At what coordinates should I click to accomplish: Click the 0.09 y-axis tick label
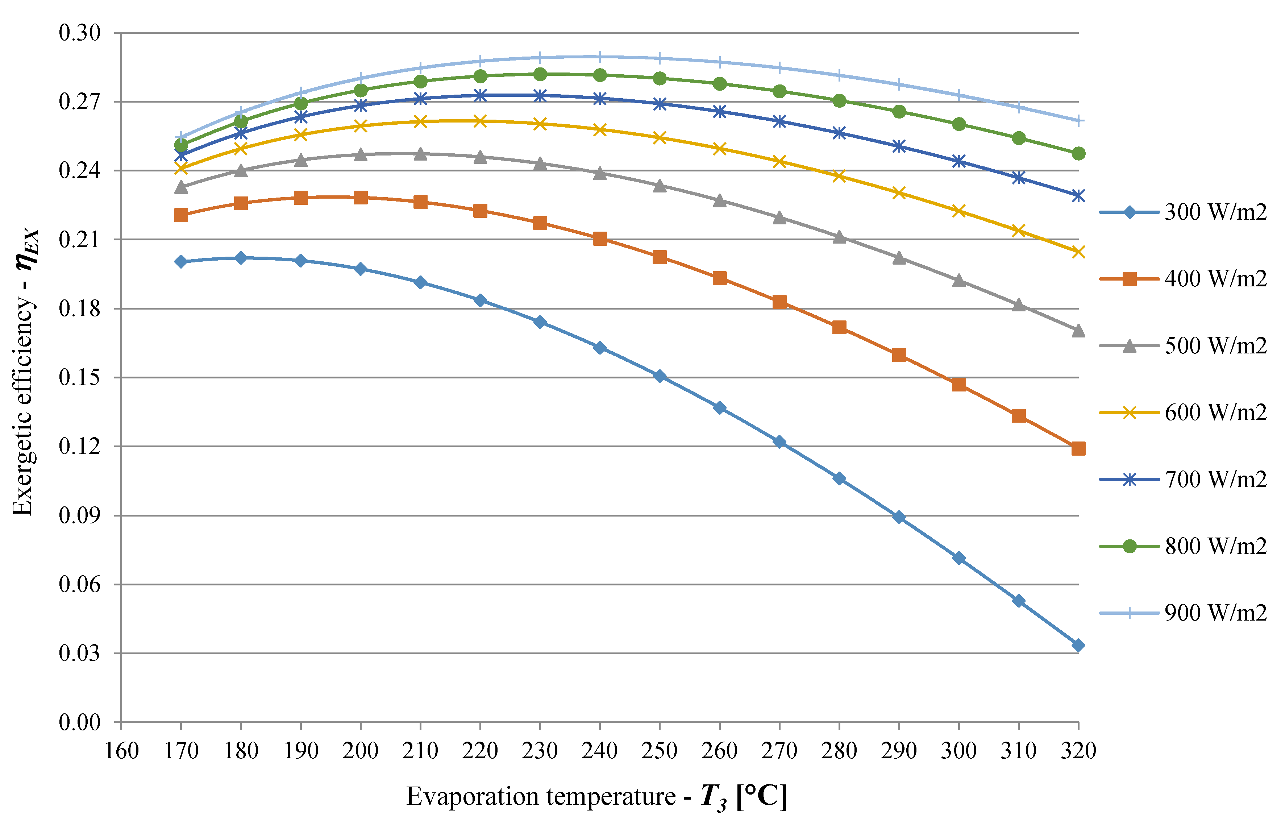pos(79,515)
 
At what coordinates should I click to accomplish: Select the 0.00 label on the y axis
pos(79,723)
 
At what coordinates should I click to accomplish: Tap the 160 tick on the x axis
pos(121,751)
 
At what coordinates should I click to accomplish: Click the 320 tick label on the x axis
pos(1078,751)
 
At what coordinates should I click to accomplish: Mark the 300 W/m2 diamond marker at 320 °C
pos(1078,646)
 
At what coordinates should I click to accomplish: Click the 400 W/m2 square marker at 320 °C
pos(1078,448)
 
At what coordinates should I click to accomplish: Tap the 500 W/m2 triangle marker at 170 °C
pos(181,187)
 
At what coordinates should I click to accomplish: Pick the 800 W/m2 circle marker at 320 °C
pos(1078,154)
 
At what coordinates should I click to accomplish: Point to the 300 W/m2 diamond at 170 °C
pos(181,261)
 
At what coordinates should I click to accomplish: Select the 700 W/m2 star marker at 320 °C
pos(1078,195)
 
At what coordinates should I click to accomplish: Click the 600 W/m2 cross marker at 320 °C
pos(1078,252)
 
